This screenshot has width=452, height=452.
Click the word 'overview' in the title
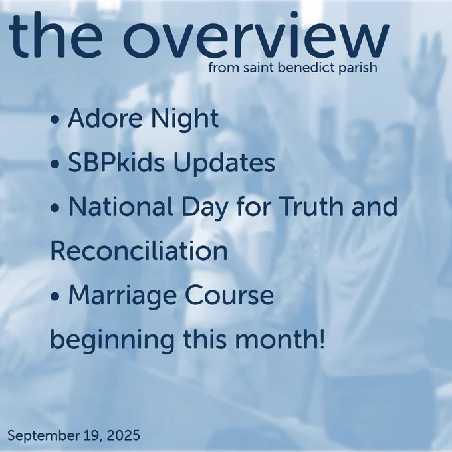tap(257, 35)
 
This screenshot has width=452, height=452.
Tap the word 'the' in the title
tap(55, 35)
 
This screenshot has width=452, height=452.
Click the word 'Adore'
tap(105, 118)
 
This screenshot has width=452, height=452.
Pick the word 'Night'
tap(185, 120)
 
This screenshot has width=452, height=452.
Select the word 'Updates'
tap(224, 164)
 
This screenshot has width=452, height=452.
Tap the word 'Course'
tap(229, 295)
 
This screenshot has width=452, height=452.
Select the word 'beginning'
tap(112, 340)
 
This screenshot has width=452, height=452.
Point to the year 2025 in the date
tap(124, 435)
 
